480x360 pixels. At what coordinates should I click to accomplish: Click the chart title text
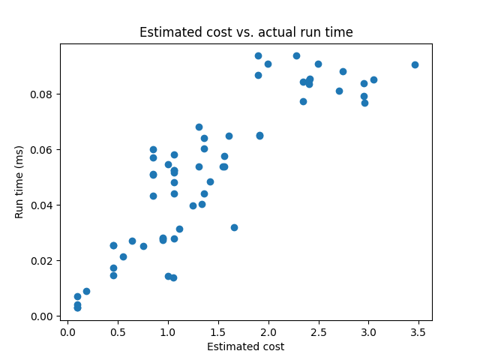pyautogui.click(x=246, y=32)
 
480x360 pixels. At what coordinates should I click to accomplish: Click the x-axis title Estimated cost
pyautogui.click(x=246, y=346)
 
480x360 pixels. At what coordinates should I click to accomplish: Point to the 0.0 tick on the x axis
pyautogui.click(x=67, y=332)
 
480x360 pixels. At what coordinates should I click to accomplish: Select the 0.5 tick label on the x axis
pyautogui.click(x=118, y=332)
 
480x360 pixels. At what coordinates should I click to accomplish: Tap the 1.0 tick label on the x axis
pyautogui.click(x=168, y=332)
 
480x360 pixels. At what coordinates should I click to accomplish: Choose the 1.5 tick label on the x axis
pyautogui.click(x=218, y=332)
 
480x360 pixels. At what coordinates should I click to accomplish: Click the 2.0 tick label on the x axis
pyautogui.click(x=268, y=332)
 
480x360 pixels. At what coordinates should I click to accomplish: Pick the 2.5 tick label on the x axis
pyautogui.click(x=319, y=332)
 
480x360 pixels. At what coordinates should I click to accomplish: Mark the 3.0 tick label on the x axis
pyautogui.click(x=368, y=332)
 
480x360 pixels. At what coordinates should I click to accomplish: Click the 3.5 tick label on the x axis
pyautogui.click(x=418, y=332)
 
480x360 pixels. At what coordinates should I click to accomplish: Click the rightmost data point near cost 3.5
pyautogui.click(x=415, y=64)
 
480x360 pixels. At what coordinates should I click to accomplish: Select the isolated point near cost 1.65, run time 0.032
pyautogui.click(x=234, y=227)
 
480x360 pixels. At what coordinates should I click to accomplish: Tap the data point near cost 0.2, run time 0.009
pyautogui.click(x=86, y=291)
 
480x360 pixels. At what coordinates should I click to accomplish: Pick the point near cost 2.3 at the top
pyautogui.click(x=296, y=55)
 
